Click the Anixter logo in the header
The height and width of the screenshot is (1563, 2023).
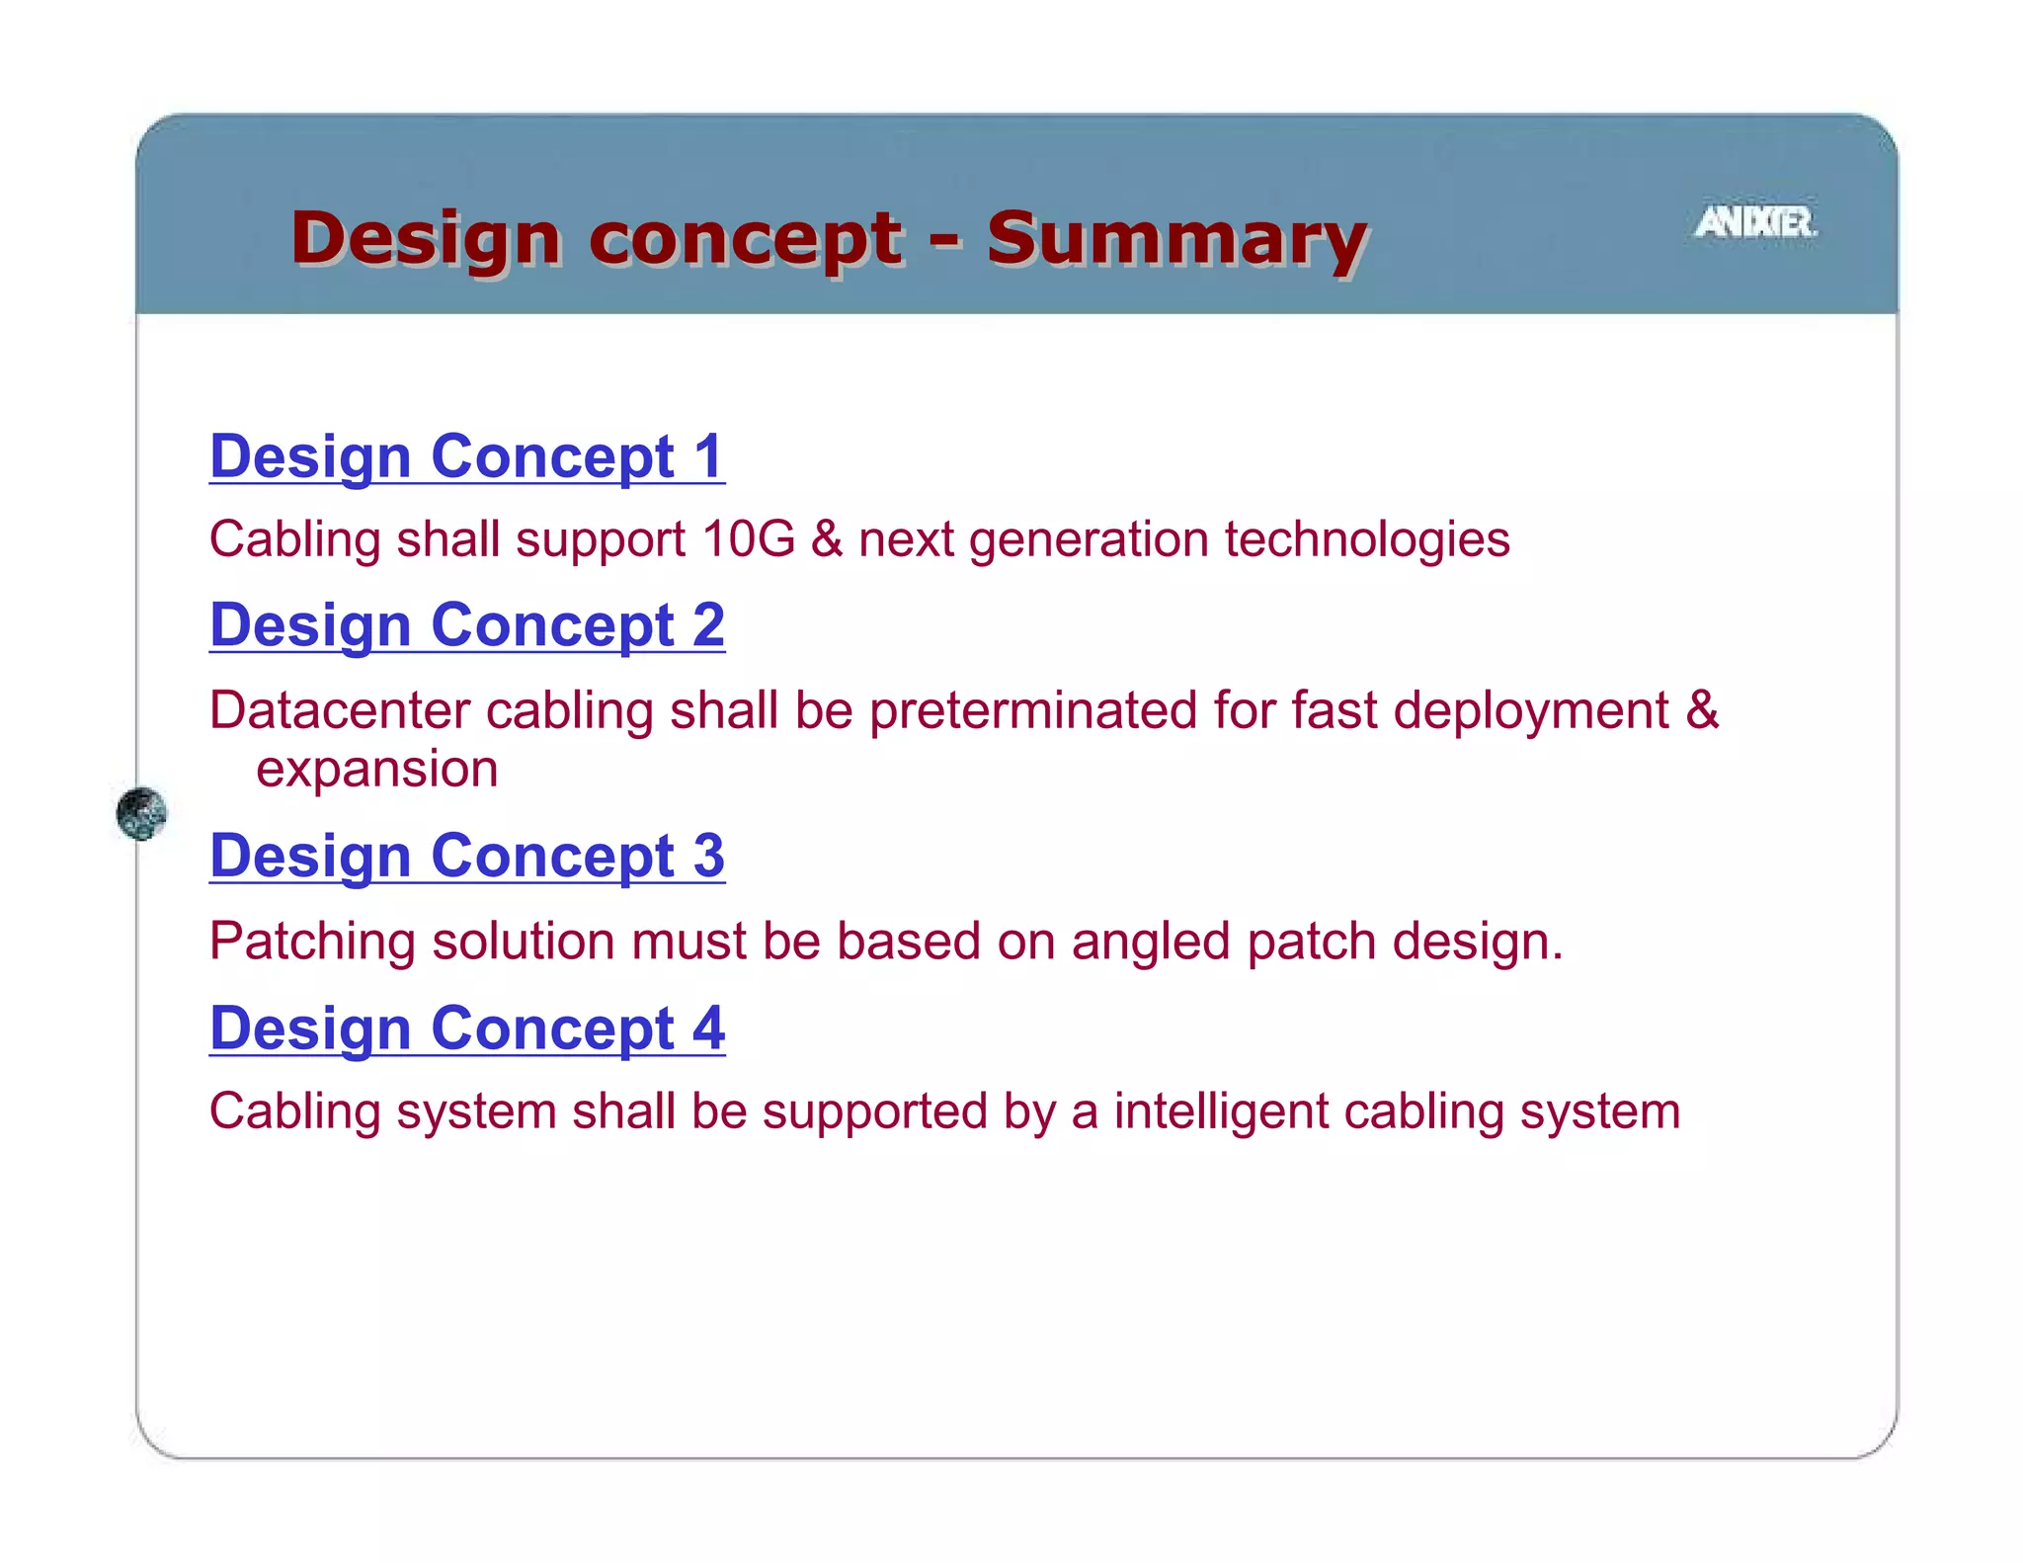click(1755, 222)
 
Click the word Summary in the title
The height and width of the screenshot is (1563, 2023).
click(1175, 239)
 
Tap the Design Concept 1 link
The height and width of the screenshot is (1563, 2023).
click(467, 456)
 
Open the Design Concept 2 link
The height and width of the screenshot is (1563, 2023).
click(467, 625)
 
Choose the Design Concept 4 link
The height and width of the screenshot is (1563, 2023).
click(467, 1028)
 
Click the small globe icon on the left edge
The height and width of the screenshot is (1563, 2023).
click(141, 813)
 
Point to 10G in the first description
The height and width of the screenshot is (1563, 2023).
click(748, 539)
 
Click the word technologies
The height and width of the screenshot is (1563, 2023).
click(1367, 539)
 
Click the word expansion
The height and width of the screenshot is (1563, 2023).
click(376, 770)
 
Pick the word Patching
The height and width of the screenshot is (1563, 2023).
click(312, 941)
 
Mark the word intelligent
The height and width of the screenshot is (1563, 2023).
click(1221, 1111)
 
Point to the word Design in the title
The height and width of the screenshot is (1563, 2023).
click(426, 239)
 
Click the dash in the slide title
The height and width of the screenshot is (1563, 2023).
click(944, 239)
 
